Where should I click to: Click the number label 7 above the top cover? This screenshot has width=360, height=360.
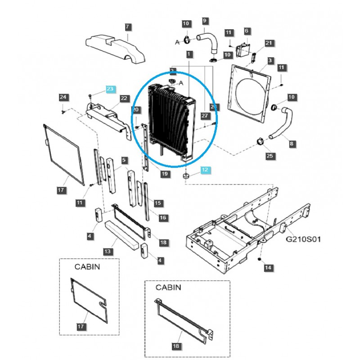(127, 27)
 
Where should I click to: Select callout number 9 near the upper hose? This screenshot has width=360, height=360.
(205, 20)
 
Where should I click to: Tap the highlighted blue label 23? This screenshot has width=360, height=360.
(111, 89)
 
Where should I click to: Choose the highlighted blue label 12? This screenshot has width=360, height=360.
(205, 170)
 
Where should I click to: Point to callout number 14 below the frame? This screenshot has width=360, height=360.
(269, 268)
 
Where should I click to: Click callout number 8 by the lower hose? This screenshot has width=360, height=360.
(292, 144)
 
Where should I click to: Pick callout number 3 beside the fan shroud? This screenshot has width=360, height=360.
(270, 60)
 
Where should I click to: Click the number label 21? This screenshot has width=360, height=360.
(269, 43)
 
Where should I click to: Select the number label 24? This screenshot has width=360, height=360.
(63, 97)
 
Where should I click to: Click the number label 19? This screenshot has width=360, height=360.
(165, 174)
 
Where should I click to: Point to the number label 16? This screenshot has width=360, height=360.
(163, 218)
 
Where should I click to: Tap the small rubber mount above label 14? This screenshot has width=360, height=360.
(260, 260)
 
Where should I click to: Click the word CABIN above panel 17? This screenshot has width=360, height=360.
(87, 266)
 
